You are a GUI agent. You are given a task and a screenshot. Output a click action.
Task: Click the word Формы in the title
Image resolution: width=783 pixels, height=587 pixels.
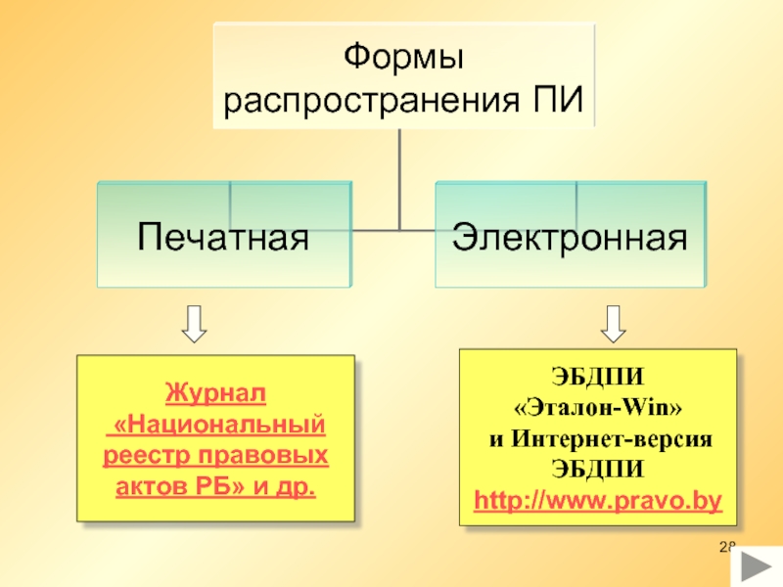coord(403,56)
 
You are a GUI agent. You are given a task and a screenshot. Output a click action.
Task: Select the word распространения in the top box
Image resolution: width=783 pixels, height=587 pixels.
coord(372,100)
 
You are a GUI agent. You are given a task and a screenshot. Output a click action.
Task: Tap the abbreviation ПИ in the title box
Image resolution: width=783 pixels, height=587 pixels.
coord(558,100)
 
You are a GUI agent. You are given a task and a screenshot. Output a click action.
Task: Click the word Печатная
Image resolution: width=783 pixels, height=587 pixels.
coord(223,237)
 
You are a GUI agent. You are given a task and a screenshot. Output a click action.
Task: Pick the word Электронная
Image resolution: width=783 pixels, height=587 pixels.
coord(570,237)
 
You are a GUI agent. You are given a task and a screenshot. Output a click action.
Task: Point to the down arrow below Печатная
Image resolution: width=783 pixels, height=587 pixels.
coord(194,324)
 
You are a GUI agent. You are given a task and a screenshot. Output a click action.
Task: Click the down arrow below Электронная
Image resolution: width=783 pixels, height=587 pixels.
coord(614,324)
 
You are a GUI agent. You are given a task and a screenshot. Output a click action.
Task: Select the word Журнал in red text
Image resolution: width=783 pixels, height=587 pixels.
coord(215,393)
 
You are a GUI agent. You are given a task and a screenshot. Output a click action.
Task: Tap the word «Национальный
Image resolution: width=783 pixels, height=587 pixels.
coord(219,425)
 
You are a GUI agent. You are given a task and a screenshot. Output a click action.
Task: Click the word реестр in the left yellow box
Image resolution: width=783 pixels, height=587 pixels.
coord(147,455)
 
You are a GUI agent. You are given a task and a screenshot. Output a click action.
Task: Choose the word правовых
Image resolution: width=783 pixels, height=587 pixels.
coord(263,455)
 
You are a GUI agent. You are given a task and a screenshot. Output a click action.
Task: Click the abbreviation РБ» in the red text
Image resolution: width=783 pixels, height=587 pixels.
coord(220,486)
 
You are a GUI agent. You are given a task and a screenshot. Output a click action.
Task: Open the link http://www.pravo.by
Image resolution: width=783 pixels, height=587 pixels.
coord(598,501)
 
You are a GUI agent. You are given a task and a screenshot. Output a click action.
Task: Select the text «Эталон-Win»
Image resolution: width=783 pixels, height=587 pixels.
coord(598,407)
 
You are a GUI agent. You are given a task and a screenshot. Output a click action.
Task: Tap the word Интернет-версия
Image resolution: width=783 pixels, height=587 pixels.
coord(613,438)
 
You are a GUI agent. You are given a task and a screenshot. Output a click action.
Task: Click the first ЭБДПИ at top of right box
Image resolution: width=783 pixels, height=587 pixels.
coord(598,377)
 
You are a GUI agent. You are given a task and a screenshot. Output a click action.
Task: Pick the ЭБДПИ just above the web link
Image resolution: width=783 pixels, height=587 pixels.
coord(598,470)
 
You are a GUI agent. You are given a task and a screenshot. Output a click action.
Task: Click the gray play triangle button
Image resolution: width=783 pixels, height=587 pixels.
coord(757,566)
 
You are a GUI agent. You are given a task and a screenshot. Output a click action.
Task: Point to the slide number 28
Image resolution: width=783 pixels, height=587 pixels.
coord(727,547)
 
